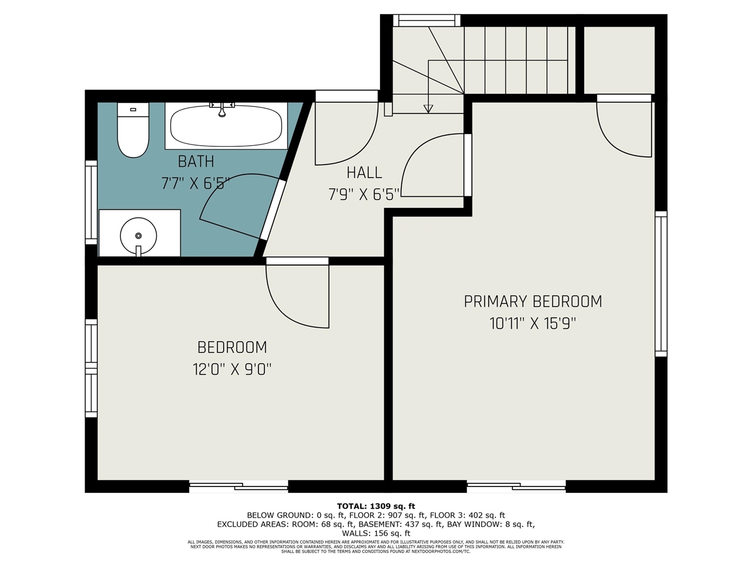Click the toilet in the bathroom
133,130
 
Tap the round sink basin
139,236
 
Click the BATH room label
196,161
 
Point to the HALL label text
364,173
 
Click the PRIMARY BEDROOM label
533,301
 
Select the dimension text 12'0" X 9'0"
232,370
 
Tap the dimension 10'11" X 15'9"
533,323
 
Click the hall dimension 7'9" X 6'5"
364,194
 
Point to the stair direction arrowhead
428,109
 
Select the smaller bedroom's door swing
294,297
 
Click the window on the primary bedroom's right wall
661,284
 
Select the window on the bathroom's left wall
91,202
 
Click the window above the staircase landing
427,21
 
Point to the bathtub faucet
222,109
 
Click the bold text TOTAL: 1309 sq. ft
376,506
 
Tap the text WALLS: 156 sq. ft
376,533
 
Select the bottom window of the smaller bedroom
239,486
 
